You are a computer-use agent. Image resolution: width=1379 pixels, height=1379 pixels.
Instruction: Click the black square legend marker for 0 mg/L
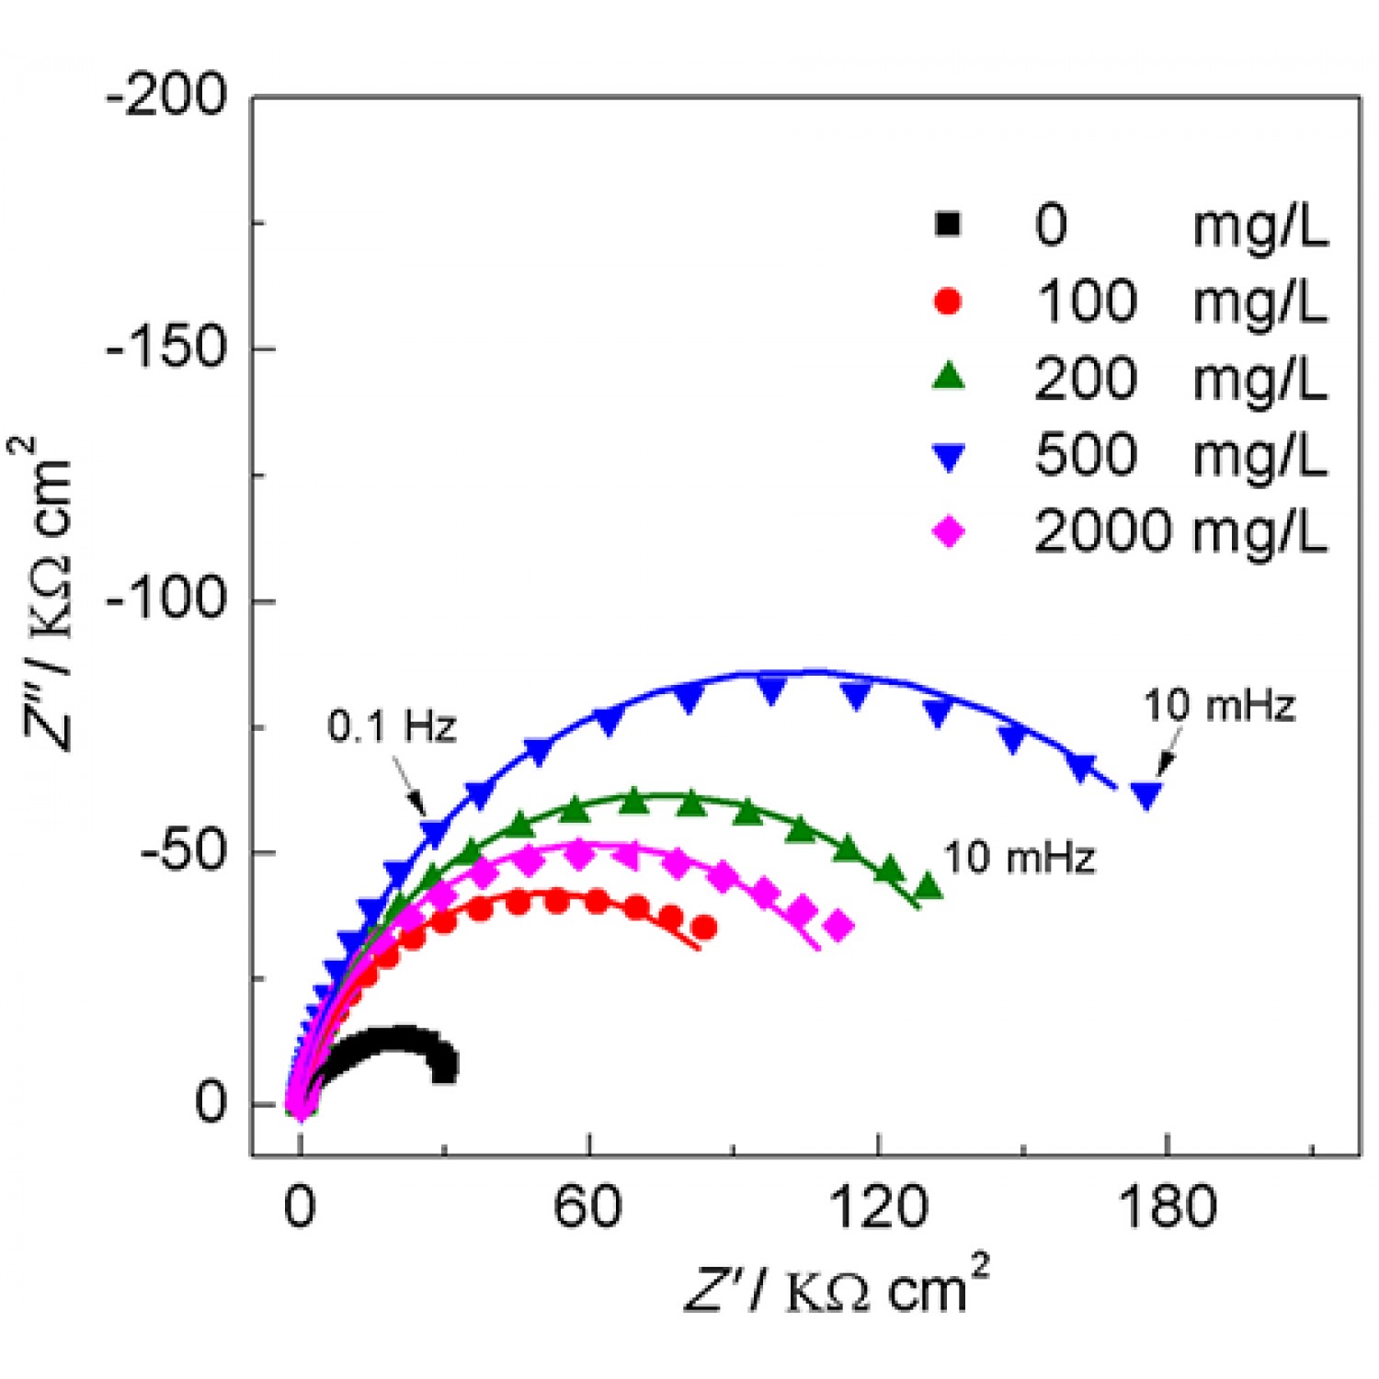pos(947,223)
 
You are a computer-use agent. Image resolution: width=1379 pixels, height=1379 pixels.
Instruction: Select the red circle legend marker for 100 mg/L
pos(947,301)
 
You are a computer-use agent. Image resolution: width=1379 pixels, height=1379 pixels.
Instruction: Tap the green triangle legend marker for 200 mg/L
pos(948,377)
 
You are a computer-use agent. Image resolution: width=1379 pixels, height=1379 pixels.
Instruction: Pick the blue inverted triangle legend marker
pos(948,456)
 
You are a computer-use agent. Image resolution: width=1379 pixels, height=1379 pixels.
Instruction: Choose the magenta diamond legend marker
pos(948,531)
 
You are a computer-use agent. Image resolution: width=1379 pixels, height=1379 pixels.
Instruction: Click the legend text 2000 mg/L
pos(1180,531)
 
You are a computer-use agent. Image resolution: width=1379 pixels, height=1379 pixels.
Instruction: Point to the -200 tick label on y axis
pos(166,95)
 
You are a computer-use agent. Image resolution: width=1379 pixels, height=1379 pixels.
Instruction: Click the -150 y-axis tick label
pos(166,348)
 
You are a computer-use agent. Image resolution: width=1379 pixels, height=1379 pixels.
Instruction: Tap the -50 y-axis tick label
pos(183,852)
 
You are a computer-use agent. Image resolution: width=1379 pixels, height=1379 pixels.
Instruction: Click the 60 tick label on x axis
pos(587,1206)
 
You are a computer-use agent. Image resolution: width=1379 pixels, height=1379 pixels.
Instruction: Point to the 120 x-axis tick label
pos(877,1206)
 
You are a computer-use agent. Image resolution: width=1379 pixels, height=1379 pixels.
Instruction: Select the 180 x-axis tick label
pos(1167,1206)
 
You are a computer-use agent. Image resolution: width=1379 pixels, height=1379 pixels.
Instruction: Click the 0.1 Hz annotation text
pos(393,727)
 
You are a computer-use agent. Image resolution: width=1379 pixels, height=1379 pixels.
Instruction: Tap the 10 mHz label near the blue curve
pos(1219,706)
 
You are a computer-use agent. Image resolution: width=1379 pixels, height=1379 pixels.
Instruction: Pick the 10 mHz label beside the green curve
pos(1020,858)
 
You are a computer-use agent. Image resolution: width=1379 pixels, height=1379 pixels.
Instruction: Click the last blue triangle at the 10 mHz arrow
pos(1145,794)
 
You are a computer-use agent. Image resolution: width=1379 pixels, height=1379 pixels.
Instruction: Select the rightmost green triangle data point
pos(929,887)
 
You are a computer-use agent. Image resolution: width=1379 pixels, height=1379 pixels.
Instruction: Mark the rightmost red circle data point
pos(704,928)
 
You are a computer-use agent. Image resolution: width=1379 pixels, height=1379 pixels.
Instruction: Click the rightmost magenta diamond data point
pos(838,926)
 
